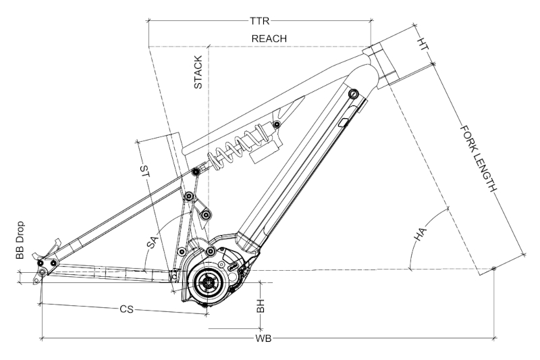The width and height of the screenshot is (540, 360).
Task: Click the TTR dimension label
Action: pyautogui.click(x=259, y=21)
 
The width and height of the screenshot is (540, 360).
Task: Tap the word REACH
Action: pyautogui.click(x=269, y=38)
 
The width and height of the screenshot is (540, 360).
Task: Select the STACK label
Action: pyautogui.click(x=198, y=72)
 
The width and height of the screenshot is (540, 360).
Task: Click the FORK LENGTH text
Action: pyautogui.click(x=479, y=159)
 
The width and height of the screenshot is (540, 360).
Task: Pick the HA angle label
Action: pyautogui.click(x=420, y=234)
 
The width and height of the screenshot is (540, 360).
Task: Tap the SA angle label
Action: pyautogui.click(x=153, y=242)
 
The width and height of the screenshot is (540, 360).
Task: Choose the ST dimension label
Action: pyautogui.click(x=144, y=172)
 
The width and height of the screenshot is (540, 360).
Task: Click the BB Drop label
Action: pyautogui.click(x=20, y=240)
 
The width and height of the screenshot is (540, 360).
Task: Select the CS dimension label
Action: pyautogui.click(x=126, y=309)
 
